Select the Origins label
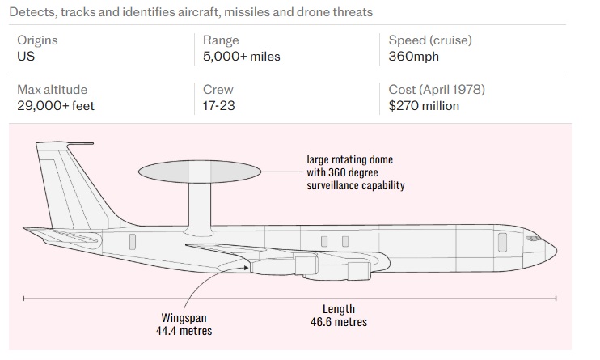[x=37, y=40]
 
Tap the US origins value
[x=26, y=57]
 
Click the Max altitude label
[x=52, y=90]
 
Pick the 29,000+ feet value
[x=56, y=105]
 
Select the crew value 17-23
[x=219, y=105]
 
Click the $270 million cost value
[x=424, y=105]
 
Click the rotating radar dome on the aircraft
[x=200, y=172]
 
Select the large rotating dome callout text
[x=355, y=172]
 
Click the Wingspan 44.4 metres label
[x=185, y=324]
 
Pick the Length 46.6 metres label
[x=339, y=316]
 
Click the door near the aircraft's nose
[x=502, y=240]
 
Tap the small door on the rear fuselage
[x=132, y=240]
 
